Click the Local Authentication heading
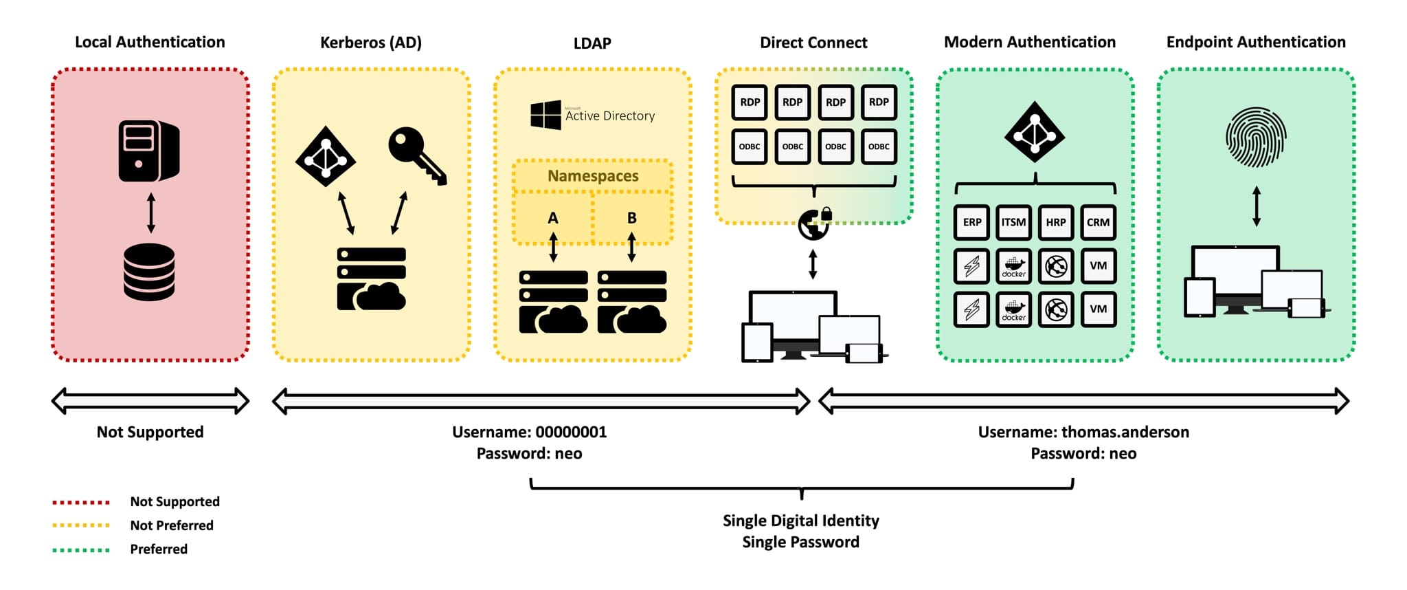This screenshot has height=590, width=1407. pyautogui.click(x=150, y=42)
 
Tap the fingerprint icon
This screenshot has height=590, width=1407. pyautogui.click(x=1256, y=138)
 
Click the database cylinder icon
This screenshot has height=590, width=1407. pyautogui.click(x=149, y=272)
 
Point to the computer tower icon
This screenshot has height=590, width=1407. pyautogui.click(x=148, y=151)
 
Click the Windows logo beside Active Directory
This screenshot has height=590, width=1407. pyautogui.click(x=545, y=115)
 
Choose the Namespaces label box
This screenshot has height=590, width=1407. pyautogui.click(x=592, y=176)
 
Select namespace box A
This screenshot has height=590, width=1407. pyautogui.click(x=553, y=218)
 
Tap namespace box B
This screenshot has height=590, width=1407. pyautogui.click(x=632, y=218)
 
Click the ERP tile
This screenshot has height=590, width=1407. pyautogui.click(x=971, y=222)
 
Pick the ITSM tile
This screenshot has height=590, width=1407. pyautogui.click(x=1013, y=222)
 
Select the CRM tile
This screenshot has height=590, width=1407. pyautogui.click(x=1098, y=222)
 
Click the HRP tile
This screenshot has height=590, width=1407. pyautogui.click(x=1056, y=222)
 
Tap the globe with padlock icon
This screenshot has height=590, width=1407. pyautogui.click(x=815, y=224)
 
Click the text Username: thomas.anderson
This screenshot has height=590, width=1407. pyautogui.click(x=1083, y=432)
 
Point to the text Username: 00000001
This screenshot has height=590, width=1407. pyautogui.click(x=529, y=432)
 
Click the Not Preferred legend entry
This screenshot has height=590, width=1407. pyautogui.click(x=172, y=525)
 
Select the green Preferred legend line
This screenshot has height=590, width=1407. pyautogui.click(x=81, y=549)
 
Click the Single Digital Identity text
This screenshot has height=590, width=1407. pyautogui.click(x=800, y=521)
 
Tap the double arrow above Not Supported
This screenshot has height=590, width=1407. pyautogui.click(x=150, y=401)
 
